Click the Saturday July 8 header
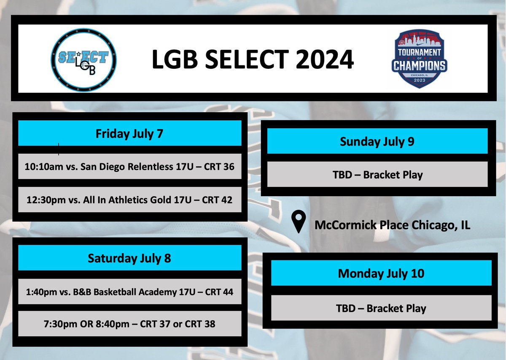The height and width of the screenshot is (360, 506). point(129,258)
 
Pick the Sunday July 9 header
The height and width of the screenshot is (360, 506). point(377,141)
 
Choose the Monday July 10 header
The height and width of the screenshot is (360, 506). point(381,273)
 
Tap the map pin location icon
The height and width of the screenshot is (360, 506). point(299,222)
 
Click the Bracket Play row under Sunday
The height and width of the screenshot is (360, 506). point(377,174)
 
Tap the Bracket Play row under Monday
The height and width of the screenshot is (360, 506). point(381,308)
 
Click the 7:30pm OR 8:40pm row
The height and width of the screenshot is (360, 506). point(129,324)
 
